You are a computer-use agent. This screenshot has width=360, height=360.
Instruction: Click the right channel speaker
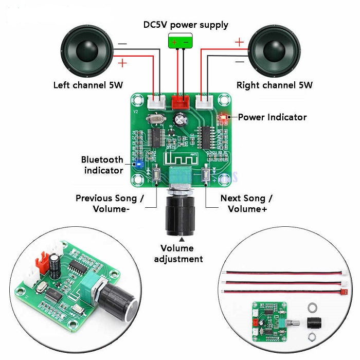pos(275,51)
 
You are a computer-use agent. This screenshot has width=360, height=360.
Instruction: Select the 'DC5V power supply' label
pos(186,25)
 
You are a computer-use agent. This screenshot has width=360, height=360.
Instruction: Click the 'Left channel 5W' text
pos(88,85)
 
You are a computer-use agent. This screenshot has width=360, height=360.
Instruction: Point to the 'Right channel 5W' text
pos(274,85)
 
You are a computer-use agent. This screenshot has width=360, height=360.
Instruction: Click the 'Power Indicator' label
pos(272,117)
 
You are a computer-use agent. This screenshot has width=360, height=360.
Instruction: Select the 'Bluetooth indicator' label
pos(102,165)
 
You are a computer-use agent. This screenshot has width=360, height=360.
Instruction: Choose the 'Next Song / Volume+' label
pos(246,204)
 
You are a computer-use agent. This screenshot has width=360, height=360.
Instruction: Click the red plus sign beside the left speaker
pos(122,63)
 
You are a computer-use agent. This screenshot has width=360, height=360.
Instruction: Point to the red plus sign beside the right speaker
pos(239,42)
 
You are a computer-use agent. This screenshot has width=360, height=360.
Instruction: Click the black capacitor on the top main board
pos(180,120)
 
